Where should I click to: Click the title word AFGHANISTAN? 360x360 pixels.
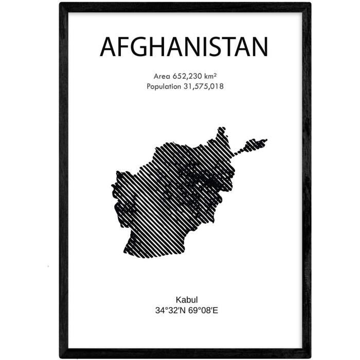(x=184, y=47)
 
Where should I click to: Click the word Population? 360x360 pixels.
(x=163, y=86)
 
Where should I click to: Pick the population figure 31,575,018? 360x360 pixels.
(x=203, y=86)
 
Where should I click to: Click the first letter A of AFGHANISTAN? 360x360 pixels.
(x=108, y=47)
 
